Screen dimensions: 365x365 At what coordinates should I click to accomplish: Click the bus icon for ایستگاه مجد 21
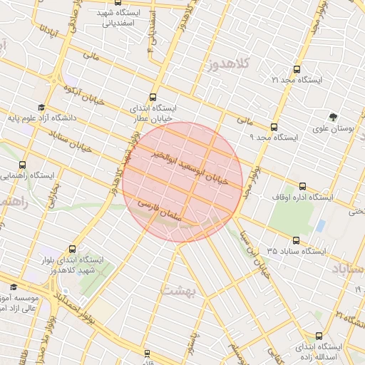coord(297,70)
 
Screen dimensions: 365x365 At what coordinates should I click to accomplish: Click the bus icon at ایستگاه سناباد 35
coord(296,241)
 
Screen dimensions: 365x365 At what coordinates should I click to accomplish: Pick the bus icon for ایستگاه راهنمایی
coord(23,165)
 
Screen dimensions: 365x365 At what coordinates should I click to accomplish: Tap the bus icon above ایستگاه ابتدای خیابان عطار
coord(153,98)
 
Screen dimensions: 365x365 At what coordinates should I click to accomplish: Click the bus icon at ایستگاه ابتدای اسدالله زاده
coord(318,335)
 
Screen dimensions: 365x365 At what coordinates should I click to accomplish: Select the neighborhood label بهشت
coord(177,289)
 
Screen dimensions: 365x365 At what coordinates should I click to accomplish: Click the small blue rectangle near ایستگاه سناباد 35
coord(320,226)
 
